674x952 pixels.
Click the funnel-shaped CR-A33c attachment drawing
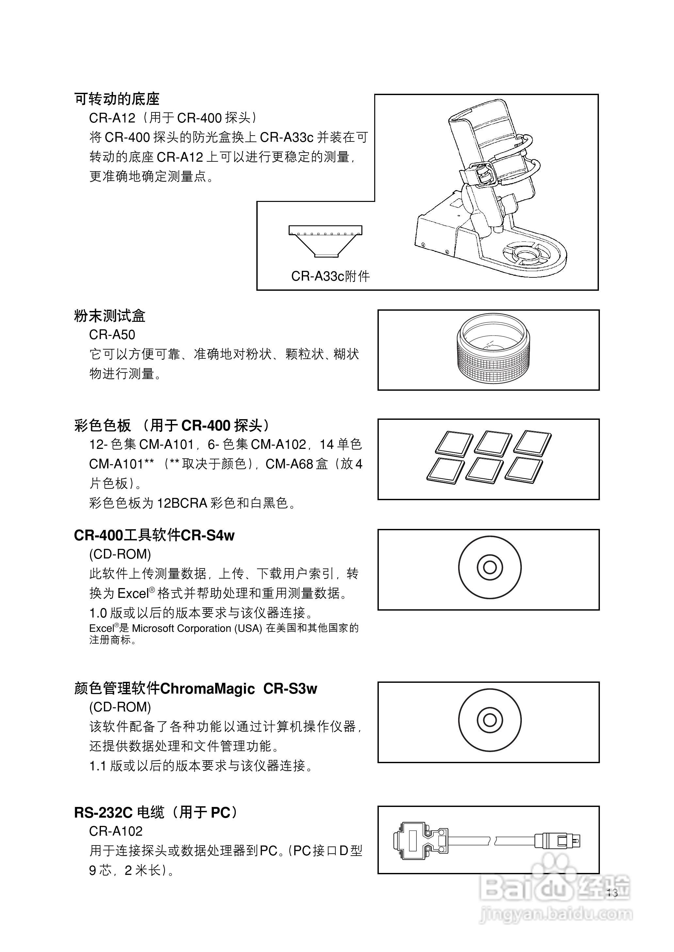[325, 241]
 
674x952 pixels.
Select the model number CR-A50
[112, 335]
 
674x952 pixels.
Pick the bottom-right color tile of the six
[524, 470]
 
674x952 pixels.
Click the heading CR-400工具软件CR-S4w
[154, 535]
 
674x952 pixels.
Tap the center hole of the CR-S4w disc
[490, 567]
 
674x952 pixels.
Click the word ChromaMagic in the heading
[207, 688]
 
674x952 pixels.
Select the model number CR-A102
[116, 831]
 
